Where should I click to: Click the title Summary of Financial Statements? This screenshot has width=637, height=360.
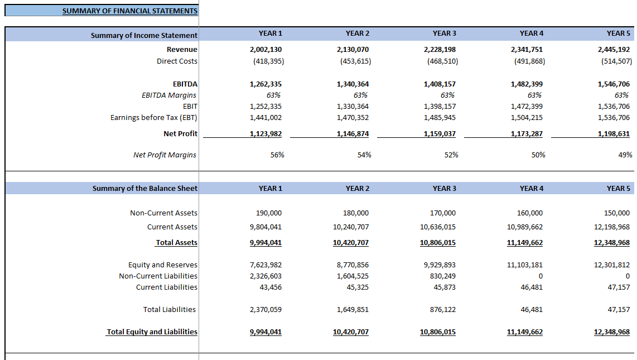coord(129,11)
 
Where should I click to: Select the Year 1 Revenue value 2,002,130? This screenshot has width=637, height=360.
coord(266,50)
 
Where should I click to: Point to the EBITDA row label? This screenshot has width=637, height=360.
coord(185,84)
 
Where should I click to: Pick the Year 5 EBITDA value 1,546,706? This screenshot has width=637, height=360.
coord(614,84)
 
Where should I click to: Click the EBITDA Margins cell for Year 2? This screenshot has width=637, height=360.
coord(360,95)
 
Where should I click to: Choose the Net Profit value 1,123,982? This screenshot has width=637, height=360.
coord(266,134)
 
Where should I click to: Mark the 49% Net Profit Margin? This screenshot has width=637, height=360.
coord(625,155)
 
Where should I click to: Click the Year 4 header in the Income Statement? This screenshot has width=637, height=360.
coord(531,33)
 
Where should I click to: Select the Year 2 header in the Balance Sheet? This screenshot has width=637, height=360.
coord(357,189)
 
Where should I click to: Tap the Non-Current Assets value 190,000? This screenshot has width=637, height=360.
coord(269,213)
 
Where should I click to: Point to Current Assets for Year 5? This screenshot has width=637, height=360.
coord(612,227)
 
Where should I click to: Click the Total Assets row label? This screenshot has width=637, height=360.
coord(176,243)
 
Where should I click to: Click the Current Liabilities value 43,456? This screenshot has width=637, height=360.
coord(270,287)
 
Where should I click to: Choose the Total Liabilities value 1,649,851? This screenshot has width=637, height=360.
coord(353,310)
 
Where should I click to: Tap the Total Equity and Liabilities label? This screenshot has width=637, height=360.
coord(152,332)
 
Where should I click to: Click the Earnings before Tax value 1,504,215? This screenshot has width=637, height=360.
coord(527,118)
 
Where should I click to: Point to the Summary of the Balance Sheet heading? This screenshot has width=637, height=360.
coord(144,189)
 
